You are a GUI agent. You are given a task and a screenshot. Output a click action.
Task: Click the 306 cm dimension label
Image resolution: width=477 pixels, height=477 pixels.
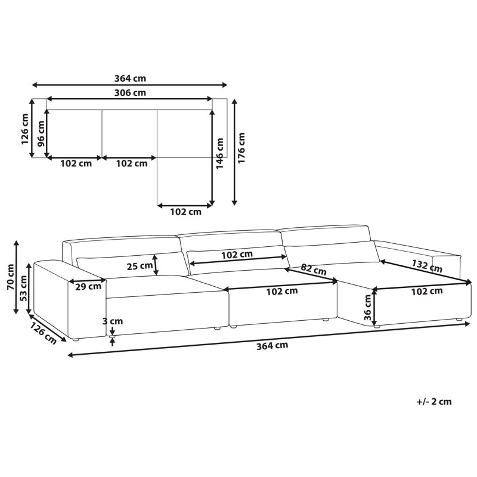click(x=130, y=92)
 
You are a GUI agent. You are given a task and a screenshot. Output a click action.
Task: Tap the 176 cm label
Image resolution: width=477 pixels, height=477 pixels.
click(x=241, y=148)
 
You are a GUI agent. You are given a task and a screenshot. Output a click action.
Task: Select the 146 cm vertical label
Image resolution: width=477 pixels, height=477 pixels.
click(x=219, y=153)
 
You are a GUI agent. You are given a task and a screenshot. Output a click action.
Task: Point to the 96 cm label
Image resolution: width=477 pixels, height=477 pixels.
click(x=41, y=134)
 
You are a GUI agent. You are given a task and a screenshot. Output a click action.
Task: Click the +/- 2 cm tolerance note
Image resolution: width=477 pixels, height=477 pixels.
click(x=434, y=401)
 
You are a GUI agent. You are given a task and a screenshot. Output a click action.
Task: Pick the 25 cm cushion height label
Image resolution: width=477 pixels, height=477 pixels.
click(x=140, y=266)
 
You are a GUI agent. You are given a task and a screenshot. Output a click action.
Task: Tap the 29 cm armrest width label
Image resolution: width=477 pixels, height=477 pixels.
click(x=88, y=286)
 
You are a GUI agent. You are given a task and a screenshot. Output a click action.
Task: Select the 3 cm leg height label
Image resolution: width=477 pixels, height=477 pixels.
click(x=112, y=321)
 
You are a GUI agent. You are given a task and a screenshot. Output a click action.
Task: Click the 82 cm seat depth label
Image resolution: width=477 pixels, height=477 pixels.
click(x=314, y=270)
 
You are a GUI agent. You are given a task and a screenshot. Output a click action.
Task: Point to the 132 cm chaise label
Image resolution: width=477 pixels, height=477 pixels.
click(x=427, y=265)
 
